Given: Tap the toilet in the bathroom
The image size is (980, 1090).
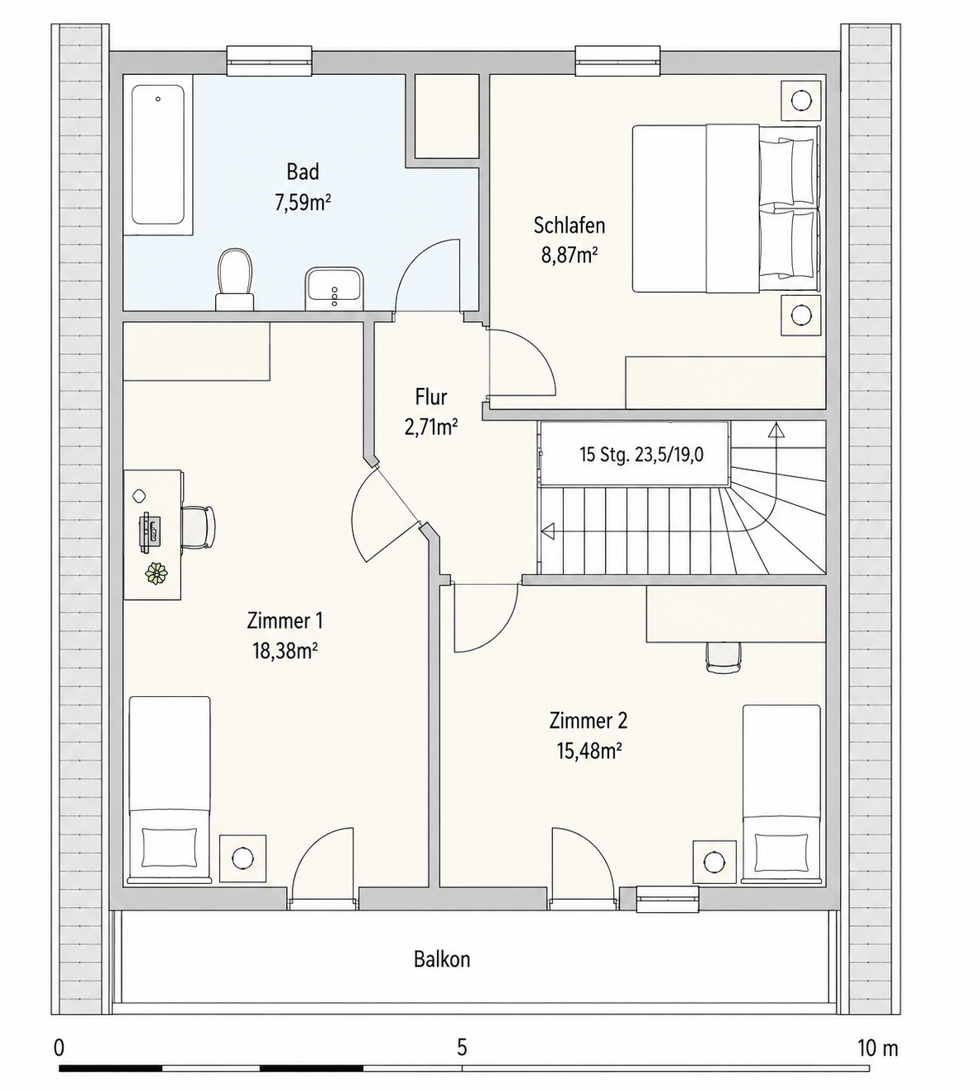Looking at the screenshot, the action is (235, 279).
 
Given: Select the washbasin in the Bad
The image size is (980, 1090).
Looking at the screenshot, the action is (334, 288).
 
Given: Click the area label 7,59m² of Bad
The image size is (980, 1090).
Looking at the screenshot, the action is (303, 203).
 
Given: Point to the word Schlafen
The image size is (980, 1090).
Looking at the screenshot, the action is (569, 226).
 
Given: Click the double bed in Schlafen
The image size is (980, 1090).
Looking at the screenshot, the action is (725, 208).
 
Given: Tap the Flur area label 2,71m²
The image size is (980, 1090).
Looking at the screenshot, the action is (431, 428).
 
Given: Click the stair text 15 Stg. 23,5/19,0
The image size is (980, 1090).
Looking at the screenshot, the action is (642, 454).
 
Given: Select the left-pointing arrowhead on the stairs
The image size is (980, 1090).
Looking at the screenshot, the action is (548, 529).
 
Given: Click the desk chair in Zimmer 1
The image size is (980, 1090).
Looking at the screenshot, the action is (198, 526).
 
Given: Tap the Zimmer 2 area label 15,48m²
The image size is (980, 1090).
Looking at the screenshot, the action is (588, 751).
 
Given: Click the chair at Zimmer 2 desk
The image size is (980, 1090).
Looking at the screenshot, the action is (724, 657).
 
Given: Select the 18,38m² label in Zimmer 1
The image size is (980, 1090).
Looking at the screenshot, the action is (284, 651).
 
